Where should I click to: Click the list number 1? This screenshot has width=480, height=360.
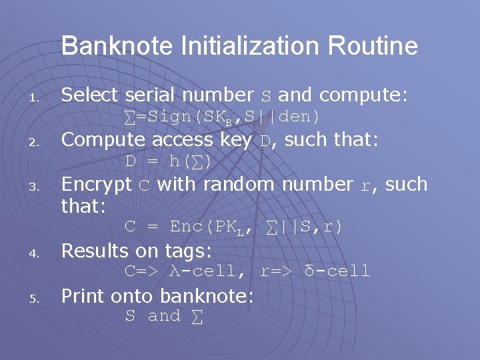pos(37,99)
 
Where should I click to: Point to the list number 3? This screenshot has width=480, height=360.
pos(37,188)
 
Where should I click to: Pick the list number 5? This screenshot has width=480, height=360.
pos(37,299)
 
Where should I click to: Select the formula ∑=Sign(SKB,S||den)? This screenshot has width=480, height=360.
pos(223,117)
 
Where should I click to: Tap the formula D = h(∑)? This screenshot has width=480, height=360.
pos(169,161)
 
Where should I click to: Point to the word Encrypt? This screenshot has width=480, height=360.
pos(96,185)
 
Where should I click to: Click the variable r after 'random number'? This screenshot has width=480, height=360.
pos(365,185)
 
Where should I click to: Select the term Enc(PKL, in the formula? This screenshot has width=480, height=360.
pos(211,227)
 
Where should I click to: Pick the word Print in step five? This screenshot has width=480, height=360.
pos(82,296)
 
